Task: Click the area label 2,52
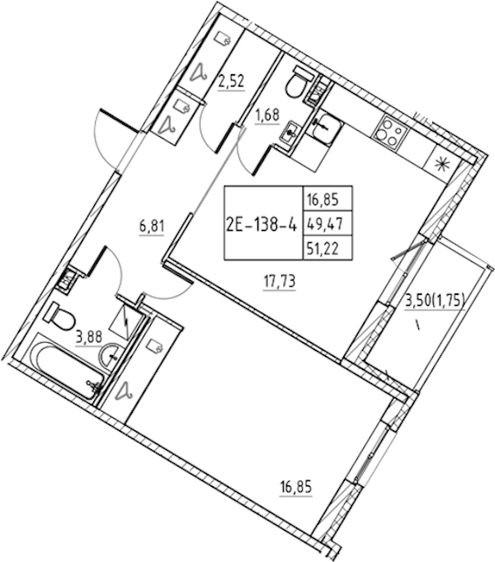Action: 232,82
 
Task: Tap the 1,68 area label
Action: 266,115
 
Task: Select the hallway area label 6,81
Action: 152,227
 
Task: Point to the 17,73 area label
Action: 280,282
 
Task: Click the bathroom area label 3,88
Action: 89,336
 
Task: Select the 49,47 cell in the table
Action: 323,224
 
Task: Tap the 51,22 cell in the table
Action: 323,248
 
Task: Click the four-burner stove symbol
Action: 392,132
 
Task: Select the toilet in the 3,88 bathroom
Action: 61,316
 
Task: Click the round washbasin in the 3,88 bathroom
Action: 111,355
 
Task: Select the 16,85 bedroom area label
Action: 296,488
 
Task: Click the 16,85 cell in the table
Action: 323,199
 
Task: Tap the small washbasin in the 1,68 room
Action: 290,132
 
